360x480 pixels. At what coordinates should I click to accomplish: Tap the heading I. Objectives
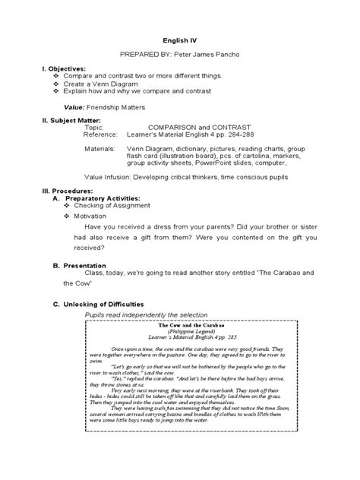65,68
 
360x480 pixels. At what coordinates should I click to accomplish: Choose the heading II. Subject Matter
74,120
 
